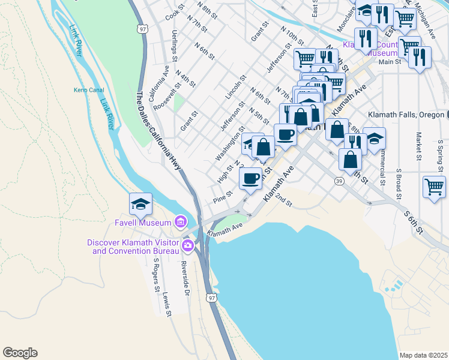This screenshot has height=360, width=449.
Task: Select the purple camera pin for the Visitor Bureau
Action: tap(188, 245)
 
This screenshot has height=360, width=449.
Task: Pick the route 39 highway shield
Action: tap(339, 181)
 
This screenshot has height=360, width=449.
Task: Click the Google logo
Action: tap(20, 353)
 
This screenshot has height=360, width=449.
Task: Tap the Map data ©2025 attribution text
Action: tap(423, 355)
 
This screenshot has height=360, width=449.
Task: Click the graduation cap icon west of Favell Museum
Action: tap(140, 204)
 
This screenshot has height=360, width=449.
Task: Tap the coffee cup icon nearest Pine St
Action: tap(250, 178)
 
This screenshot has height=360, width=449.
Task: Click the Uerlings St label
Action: tap(174, 46)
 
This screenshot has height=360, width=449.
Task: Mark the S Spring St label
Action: tap(440, 154)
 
